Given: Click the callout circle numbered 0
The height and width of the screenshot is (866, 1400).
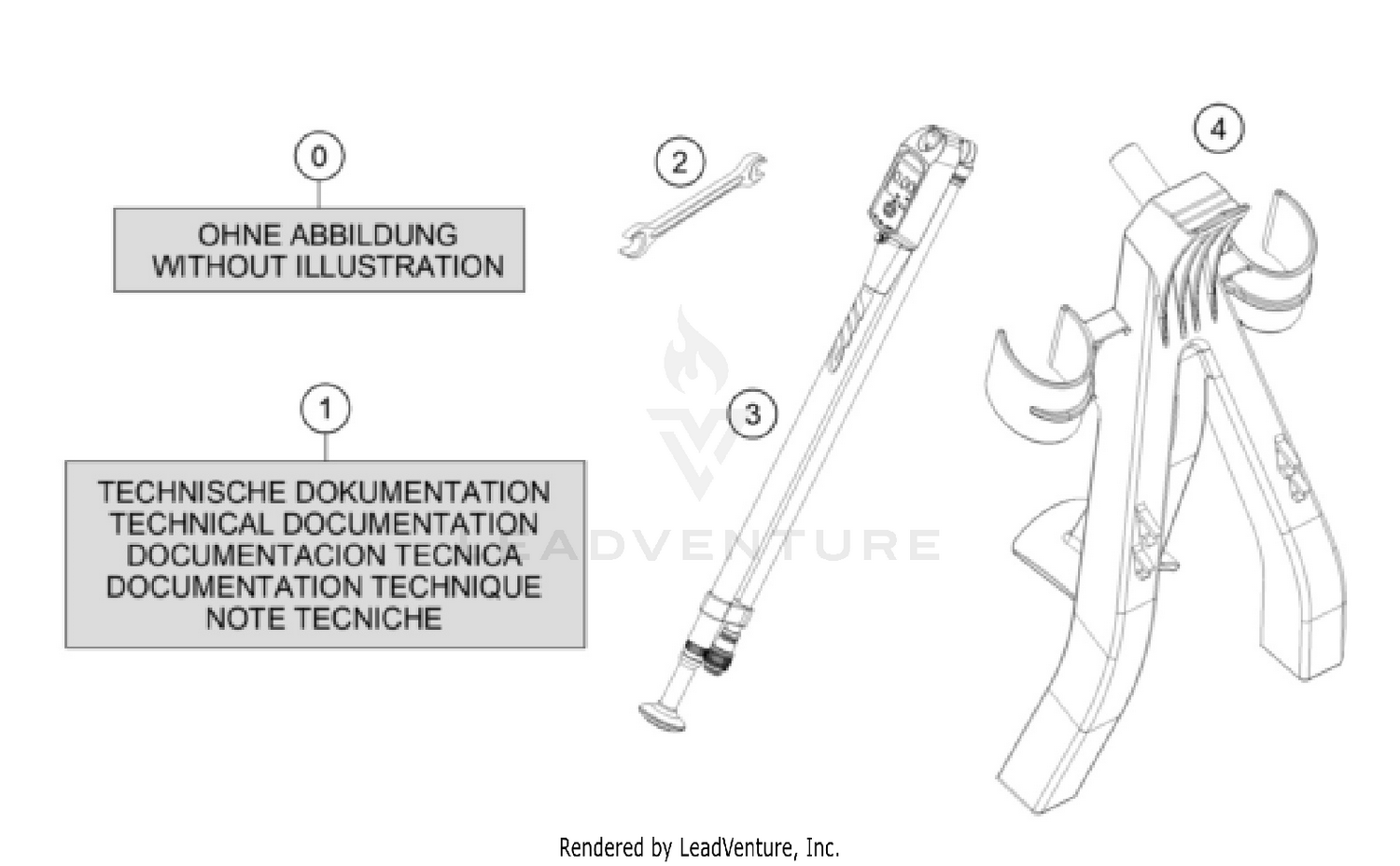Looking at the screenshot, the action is tap(319, 156).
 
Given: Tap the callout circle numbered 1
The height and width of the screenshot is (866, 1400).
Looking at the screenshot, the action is tap(326, 410).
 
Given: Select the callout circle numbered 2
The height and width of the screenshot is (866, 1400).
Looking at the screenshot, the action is tap(680, 161).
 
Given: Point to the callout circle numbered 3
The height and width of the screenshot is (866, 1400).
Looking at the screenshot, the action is tap(752, 414).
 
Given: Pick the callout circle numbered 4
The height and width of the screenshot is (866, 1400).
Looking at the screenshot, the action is tap(1219, 129).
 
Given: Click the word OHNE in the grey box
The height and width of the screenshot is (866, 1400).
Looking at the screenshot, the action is tap(239, 235).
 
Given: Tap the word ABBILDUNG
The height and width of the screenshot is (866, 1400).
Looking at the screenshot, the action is tap(373, 235).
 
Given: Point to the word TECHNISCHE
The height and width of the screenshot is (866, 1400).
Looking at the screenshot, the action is tap(192, 493).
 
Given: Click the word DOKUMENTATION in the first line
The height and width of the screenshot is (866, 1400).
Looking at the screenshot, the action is tap(423, 493).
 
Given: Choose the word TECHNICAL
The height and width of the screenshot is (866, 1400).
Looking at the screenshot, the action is tap(192, 524).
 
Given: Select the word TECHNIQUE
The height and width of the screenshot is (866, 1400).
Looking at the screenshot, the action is tap(456, 587).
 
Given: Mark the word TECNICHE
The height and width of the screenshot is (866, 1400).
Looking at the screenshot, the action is tap(368, 619).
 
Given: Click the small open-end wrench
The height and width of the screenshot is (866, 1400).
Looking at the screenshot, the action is tap(693, 205).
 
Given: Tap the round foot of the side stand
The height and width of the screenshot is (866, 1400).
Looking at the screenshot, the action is tap(662, 717).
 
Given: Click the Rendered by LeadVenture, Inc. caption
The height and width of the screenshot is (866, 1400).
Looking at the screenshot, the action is tap(699, 848).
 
